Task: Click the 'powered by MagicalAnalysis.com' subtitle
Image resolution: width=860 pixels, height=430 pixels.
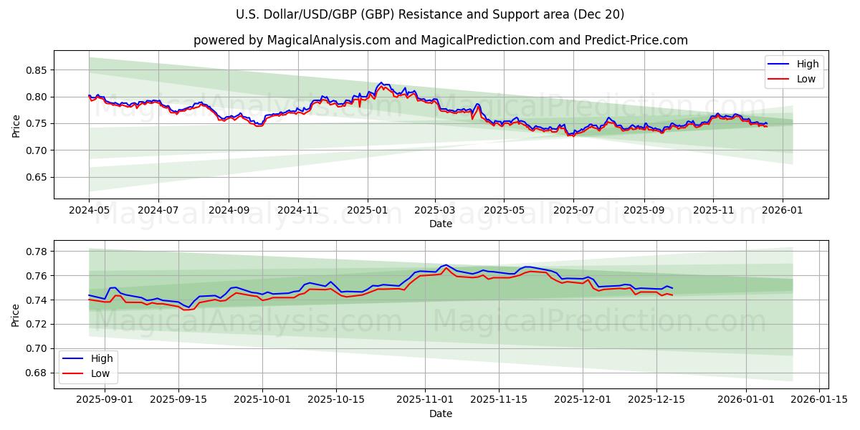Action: click(440, 40)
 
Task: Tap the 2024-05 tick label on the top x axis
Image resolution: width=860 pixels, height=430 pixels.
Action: click(89, 211)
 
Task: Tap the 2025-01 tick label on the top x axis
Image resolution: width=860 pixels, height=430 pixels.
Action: click(367, 211)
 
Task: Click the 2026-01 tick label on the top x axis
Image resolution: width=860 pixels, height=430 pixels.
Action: click(782, 211)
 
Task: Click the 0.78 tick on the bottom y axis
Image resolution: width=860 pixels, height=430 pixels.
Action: click(36, 252)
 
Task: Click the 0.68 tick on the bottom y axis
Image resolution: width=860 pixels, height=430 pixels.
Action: click(36, 373)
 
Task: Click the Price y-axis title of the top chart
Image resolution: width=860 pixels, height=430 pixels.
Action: click(16, 125)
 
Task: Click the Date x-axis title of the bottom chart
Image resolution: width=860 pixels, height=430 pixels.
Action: click(440, 414)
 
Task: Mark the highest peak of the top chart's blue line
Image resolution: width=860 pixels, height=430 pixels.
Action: click(381, 83)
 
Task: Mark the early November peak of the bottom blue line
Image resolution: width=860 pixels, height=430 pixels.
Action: click(446, 264)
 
